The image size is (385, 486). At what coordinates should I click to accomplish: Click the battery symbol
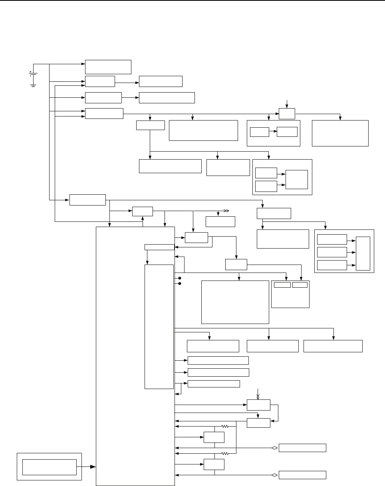coord(33,74)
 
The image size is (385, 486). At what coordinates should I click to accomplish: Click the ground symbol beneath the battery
coord(33,85)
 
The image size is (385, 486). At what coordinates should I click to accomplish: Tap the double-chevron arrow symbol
coord(226,212)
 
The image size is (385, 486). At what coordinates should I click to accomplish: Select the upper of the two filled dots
coord(180,278)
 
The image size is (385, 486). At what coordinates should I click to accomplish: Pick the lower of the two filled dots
coord(180,284)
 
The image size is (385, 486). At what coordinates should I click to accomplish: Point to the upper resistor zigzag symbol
coord(225,426)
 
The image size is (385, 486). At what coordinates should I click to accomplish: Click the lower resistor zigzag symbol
coord(225,454)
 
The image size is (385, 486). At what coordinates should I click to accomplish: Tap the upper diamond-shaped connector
coord(275,448)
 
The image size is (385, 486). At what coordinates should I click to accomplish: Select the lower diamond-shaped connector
coord(275,475)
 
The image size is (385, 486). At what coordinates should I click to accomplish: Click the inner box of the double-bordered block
coord(49,467)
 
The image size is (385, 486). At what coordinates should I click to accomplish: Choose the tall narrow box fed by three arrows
coord(363,253)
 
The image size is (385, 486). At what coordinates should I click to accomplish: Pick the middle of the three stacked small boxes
coord(331,252)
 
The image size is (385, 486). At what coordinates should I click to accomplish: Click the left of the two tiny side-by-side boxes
coord(282,285)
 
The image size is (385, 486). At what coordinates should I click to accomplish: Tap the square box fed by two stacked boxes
coord(297,179)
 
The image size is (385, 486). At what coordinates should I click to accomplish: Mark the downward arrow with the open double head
coord(258,393)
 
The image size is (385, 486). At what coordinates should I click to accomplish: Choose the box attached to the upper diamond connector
coord(302,448)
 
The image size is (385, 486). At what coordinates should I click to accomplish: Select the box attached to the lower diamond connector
coord(302,475)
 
